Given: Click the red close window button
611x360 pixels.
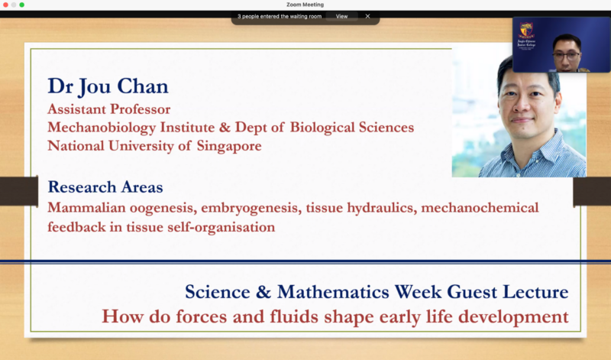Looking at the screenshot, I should (x=5, y=5).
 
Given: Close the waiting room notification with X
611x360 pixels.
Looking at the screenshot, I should (x=367, y=16).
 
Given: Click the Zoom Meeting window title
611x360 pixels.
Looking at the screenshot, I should (x=305, y=5).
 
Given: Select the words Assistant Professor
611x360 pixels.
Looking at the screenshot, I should (x=108, y=109).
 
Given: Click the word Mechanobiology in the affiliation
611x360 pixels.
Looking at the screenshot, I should (x=99, y=128).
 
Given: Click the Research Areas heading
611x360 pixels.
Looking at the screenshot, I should (x=105, y=187).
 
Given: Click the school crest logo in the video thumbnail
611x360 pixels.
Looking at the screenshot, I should (x=527, y=34).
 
